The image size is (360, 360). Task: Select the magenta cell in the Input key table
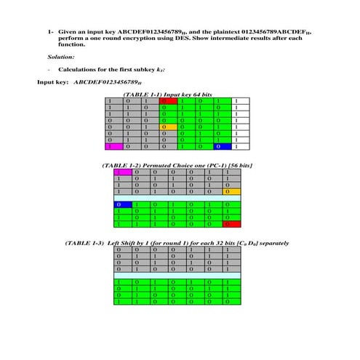click(110, 146)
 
